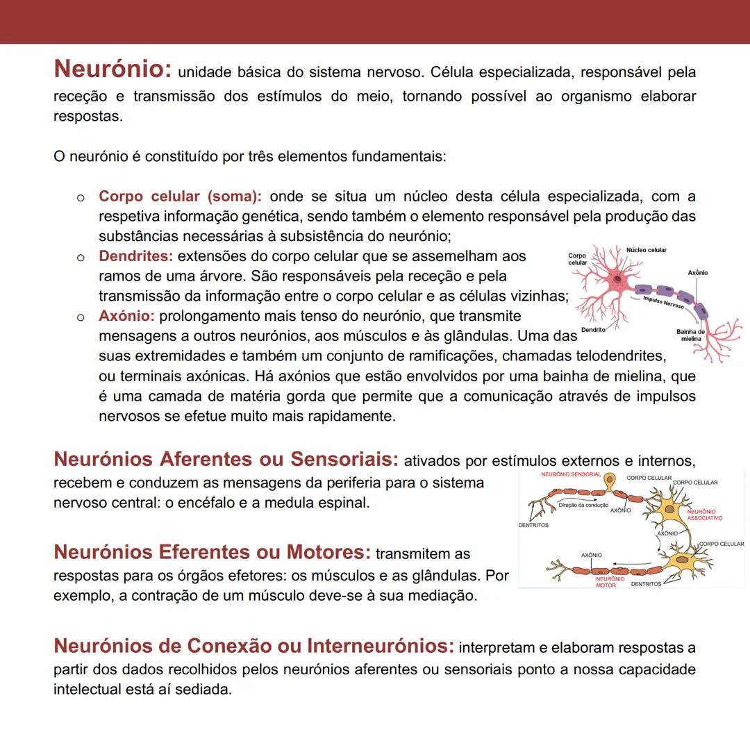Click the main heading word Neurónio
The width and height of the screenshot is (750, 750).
(x=112, y=69)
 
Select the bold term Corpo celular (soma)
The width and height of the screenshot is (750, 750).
(x=180, y=197)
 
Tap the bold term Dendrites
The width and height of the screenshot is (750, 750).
(x=135, y=256)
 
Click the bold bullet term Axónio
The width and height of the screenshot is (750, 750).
(x=126, y=316)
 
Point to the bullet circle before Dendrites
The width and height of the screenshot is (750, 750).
(x=81, y=258)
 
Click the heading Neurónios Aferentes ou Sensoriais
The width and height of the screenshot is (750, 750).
(x=226, y=459)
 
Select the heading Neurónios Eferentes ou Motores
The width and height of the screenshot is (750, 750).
(x=212, y=552)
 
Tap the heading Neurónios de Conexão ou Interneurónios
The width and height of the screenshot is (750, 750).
(x=253, y=646)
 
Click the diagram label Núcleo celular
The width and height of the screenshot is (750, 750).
(x=646, y=250)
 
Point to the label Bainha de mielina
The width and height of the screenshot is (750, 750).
(x=690, y=335)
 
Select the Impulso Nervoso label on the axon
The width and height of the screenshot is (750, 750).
(x=663, y=302)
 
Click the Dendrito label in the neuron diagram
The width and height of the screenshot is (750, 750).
(x=593, y=329)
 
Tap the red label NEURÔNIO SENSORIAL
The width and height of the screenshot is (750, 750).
(x=571, y=474)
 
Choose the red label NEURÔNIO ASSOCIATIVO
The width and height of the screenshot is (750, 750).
(x=704, y=515)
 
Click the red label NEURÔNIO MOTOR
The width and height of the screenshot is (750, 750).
(x=610, y=582)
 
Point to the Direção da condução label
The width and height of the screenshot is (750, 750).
(x=583, y=505)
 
